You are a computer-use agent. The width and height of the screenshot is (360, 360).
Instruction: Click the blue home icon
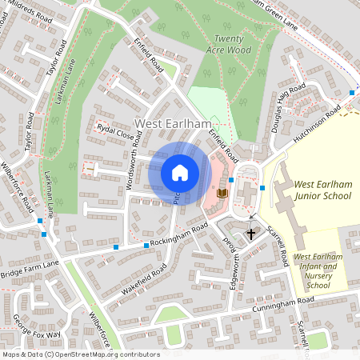click(180, 173)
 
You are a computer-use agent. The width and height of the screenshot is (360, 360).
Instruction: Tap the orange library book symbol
click(222, 194)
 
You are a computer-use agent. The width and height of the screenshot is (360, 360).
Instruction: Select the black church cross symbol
click(251, 234)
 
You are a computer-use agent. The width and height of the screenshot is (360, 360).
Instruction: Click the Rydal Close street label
click(115, 132)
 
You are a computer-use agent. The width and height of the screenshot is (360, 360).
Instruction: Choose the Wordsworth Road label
click(132, 168)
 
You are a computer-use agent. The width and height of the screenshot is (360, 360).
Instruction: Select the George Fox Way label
click(36, 328)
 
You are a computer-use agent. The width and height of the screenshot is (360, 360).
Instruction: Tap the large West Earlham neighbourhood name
click(172, 123)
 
